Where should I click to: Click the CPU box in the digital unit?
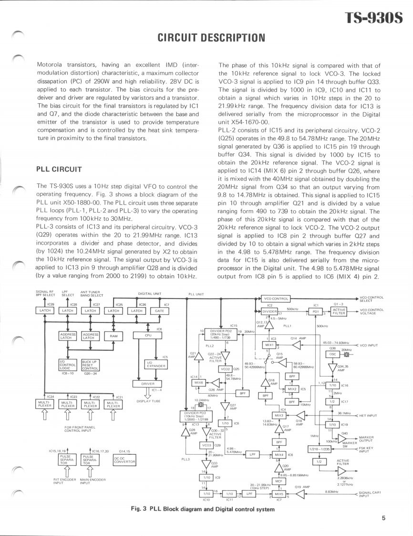coord(148,336)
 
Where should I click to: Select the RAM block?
coord(114,336)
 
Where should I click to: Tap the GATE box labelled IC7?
coord(160,311)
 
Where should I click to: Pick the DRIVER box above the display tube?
coord(148,384)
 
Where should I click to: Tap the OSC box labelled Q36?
coord(334,354)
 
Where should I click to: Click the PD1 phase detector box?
coord(315,311)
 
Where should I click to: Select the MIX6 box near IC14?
coord(198,383)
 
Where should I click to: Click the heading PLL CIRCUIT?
coord(60,169)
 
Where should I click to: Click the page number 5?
coord(383,517)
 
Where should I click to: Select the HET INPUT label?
coord(369,416)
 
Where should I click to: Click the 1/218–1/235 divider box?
coord(319,449)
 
